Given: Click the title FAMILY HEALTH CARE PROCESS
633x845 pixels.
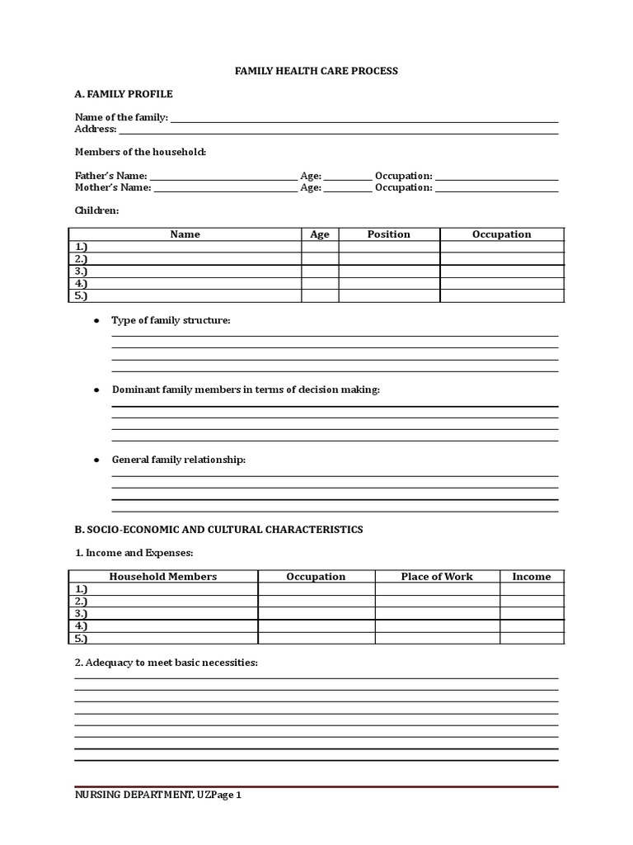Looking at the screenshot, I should click(x=316, y=71).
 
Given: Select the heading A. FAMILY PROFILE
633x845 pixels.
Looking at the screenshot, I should click(x=124, y=94).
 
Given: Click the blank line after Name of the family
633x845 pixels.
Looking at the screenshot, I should click(x=363, y=118).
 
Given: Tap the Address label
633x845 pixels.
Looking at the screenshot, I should click(x=96, y=130).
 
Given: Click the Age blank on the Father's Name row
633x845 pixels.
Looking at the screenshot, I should click(x=348, y=177).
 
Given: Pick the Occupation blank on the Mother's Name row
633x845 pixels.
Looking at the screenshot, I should click(x=496, y=188).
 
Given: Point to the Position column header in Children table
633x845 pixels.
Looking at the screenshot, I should click(x=388, y=234).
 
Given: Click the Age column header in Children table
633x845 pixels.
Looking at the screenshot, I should click(x=320, y=234).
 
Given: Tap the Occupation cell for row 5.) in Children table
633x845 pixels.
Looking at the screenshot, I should click(x=501, y=295).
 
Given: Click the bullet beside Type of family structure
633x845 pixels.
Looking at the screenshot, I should click(x=96, y=320).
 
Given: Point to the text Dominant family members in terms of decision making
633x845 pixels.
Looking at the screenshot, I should click(x=246, y=389).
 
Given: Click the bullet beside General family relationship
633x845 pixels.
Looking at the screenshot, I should click(x=96, y=460).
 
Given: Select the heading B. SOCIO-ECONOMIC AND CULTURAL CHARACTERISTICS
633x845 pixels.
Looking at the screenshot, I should click(x=218, y=530).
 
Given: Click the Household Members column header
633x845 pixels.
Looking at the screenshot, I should click(x=163, y=577).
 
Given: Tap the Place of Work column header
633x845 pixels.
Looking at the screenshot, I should click(x=437, y=577).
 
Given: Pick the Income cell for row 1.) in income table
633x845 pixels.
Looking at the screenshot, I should click(x=532, y=589).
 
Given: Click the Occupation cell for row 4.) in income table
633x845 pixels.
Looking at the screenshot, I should click(x=316, y=626).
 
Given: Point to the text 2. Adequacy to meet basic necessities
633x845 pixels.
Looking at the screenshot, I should click(x=166, y=663).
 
